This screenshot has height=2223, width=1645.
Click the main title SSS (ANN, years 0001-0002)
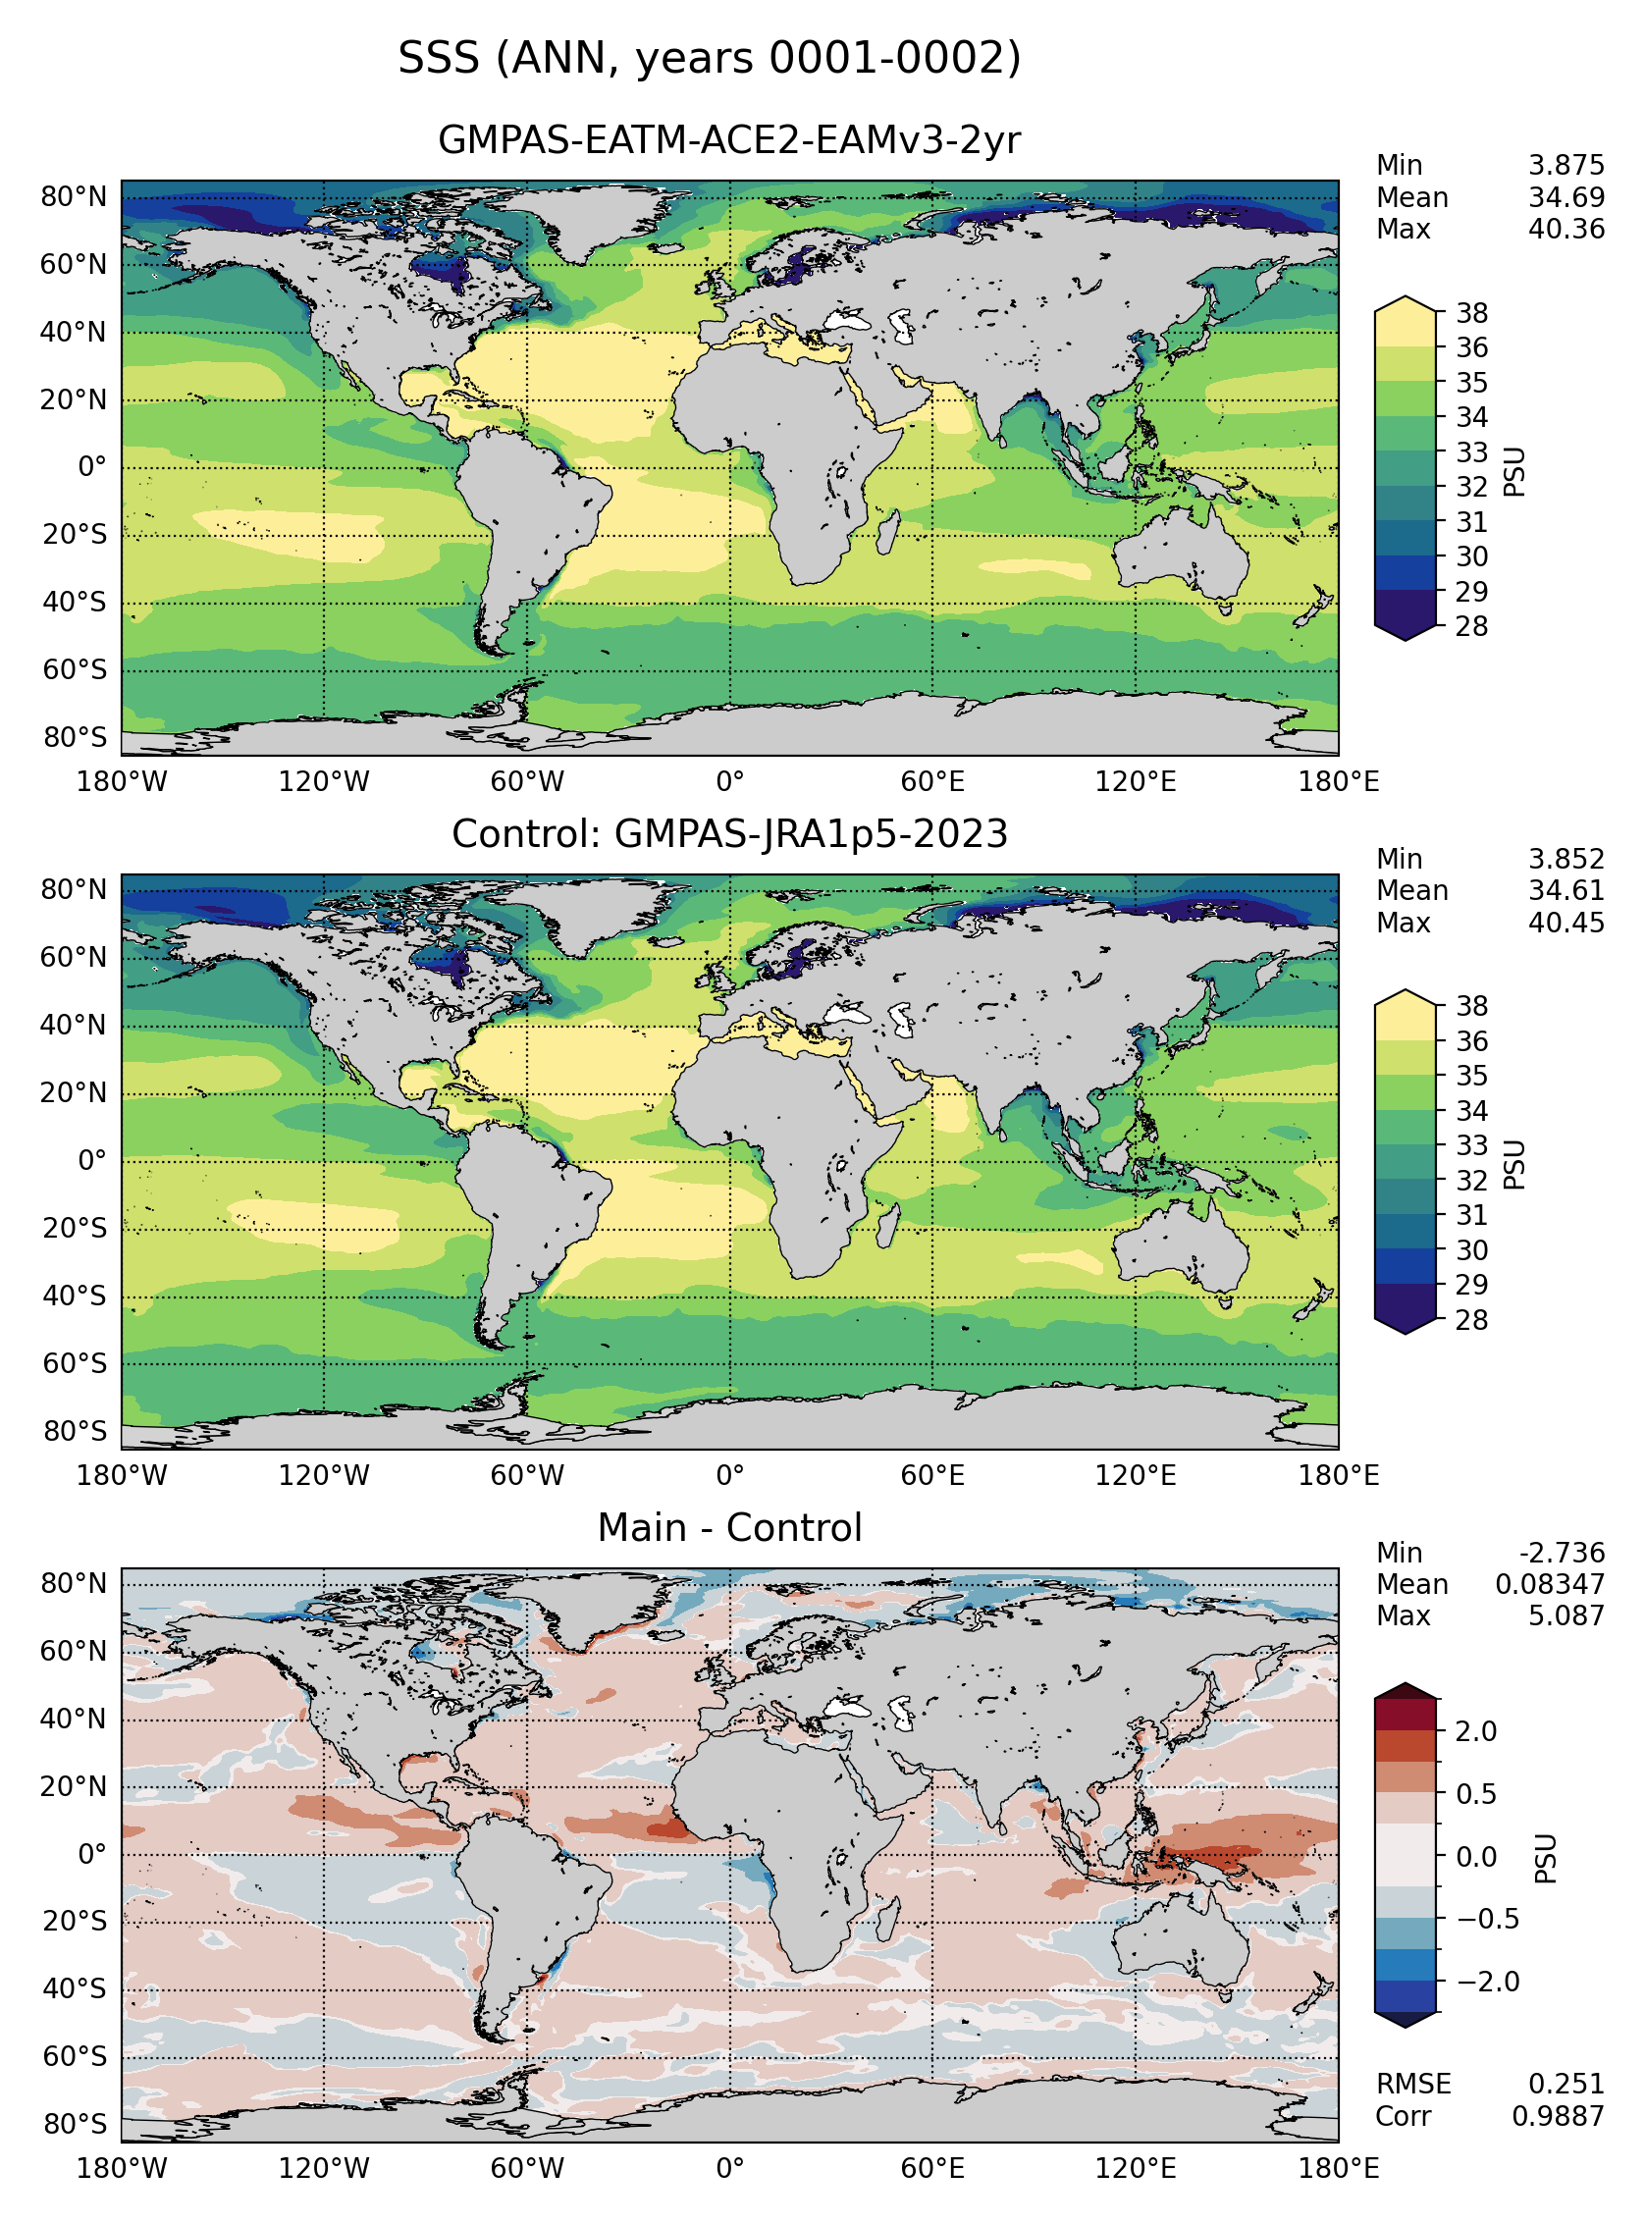point(709,59)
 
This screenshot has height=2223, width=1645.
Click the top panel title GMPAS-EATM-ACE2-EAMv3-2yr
point(729,140)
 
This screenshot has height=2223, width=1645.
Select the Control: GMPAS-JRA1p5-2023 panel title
point(729,833)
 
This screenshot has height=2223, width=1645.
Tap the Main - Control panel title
point(729,1527)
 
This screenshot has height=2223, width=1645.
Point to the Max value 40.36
point(1566,230)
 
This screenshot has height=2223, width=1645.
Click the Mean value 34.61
point(1566,891)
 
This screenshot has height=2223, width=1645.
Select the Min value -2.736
point(1562,1553)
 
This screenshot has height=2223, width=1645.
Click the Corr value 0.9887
point(1559,2115)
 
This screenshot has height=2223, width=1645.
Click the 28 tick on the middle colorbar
point(1471,1320)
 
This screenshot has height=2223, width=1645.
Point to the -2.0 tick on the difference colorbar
point(1488,1982)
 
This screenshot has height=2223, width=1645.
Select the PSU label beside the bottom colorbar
point(1545,1858)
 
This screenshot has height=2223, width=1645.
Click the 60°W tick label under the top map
point(527,781)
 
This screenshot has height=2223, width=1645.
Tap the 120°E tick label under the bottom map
point(1136,2168)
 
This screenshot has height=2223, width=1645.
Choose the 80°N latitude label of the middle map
point(74,890)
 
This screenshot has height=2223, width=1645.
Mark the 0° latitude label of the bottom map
point(92,1855)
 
